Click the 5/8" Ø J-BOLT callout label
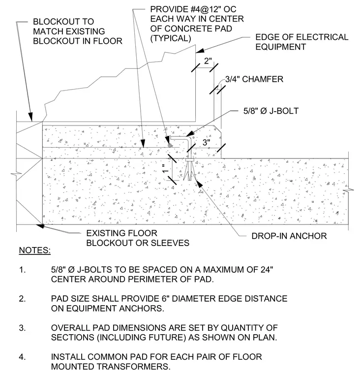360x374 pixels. pos(271,111)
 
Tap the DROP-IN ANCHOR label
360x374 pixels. pos(289,236)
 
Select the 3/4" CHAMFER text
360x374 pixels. pos(254,79)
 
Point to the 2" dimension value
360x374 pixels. pos(208,61)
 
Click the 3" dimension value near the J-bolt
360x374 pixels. pos(207,142)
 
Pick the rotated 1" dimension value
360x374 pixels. pos(166,169)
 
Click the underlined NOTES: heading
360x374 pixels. pos(35,250)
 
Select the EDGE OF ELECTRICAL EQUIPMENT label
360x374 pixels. pos(302,42)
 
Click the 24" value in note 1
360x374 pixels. pos(266,269)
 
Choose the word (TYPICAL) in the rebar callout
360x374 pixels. pos(171,38)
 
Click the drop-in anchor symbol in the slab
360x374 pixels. pos(190,169)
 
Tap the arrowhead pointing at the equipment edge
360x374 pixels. pos(200,51)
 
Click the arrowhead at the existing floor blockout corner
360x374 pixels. pos(40,225)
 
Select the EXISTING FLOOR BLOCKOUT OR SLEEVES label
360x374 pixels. pos(138,238)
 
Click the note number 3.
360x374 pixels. pos(22,328)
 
